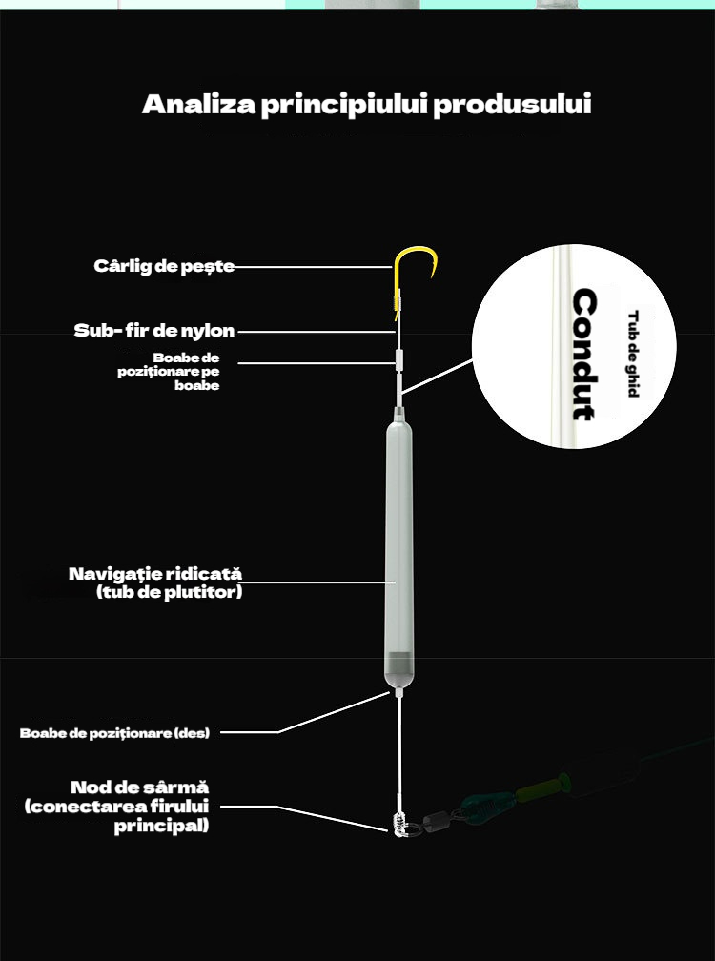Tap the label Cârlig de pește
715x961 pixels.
click(x=164, y=266)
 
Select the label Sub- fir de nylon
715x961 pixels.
click(x=154, y=330)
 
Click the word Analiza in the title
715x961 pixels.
click(x=198, y=104)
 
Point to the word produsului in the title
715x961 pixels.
click(x=512, y=104)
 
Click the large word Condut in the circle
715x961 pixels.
click(x=584, y=355)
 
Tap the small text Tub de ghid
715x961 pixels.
click(x=633, y=355)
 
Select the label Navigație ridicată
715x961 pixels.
click(x=155, y=574)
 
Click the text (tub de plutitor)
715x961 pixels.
click(x=169, y=592)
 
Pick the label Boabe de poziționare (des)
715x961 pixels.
click(x=114, y=733)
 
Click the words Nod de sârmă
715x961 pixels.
click(x=140, y=787)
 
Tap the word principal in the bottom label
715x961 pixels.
click(x=162, y=827)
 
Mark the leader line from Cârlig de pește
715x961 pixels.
click(x=313, y=267)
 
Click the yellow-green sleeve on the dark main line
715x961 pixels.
click(x=541, y=787)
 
